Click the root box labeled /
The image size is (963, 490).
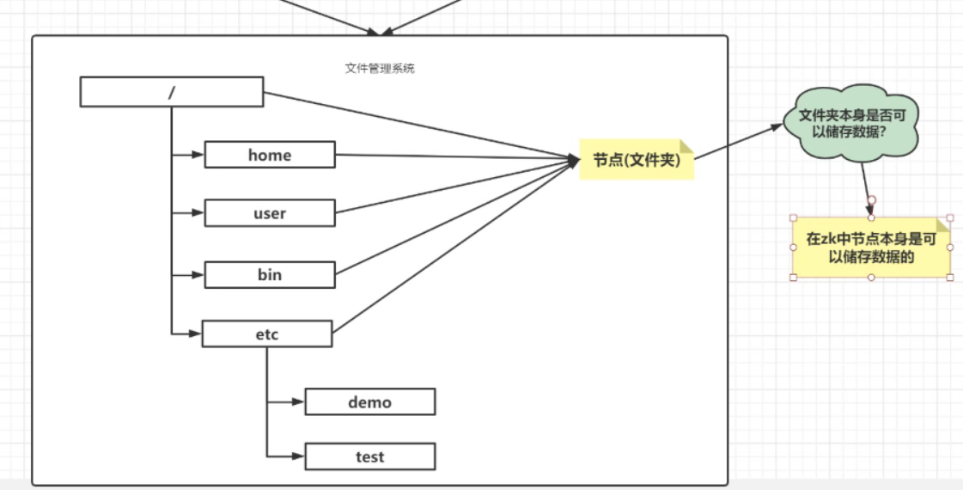pos(171,92)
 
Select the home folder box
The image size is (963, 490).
pos(269,155)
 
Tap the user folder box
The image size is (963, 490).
pos(269,213)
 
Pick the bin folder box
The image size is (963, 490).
pos(269,275)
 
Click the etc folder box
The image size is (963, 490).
pos(266,334)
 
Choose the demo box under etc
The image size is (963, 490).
pos(369,401)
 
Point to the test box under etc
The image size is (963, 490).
pos(369,456)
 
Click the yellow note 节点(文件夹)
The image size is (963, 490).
pos(636,159)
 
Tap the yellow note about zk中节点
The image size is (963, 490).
pos(870,247)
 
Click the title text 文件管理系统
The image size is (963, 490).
pos(380,68)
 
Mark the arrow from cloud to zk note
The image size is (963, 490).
pos(867,185)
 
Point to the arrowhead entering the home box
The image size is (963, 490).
pos(198,156)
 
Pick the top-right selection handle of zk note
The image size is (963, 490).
pos(950,218)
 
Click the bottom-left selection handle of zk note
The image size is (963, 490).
pos(793,277)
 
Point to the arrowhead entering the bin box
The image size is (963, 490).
pos(198,275)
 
